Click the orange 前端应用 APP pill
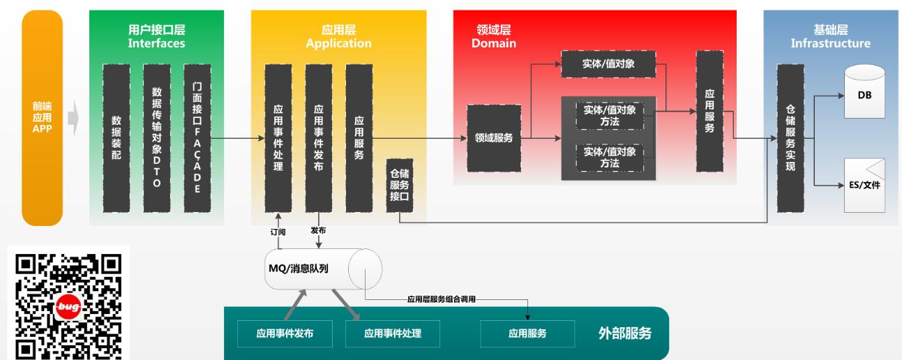[43, 118]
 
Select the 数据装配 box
[116, 138]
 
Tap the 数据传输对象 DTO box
[157, 138]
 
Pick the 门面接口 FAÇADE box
[197, 138]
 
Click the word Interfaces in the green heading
[157, 43]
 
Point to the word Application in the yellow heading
[338, 43]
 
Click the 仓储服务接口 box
[400, 186]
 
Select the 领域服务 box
[494, 138]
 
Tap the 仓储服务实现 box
[790, 138]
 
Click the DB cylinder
[864, 91]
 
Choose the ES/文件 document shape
[864, 186]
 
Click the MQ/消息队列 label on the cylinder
[299, 269]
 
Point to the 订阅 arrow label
[278, 232]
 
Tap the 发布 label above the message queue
[318, 230]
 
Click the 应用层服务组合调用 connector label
[442, 299]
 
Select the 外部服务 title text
[625, 333]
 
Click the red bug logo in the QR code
[68, 307]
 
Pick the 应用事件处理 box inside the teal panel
[393, 333]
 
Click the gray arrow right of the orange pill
[73, 118]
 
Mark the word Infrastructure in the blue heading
[831, 43]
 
